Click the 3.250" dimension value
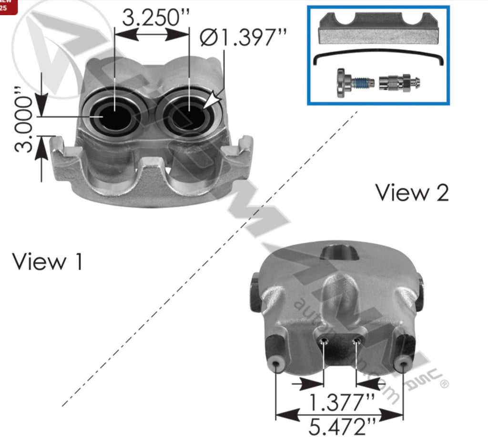click(155, 18)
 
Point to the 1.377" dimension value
click(340, 403)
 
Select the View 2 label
click(412, 192)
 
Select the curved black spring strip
click(379, 58)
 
